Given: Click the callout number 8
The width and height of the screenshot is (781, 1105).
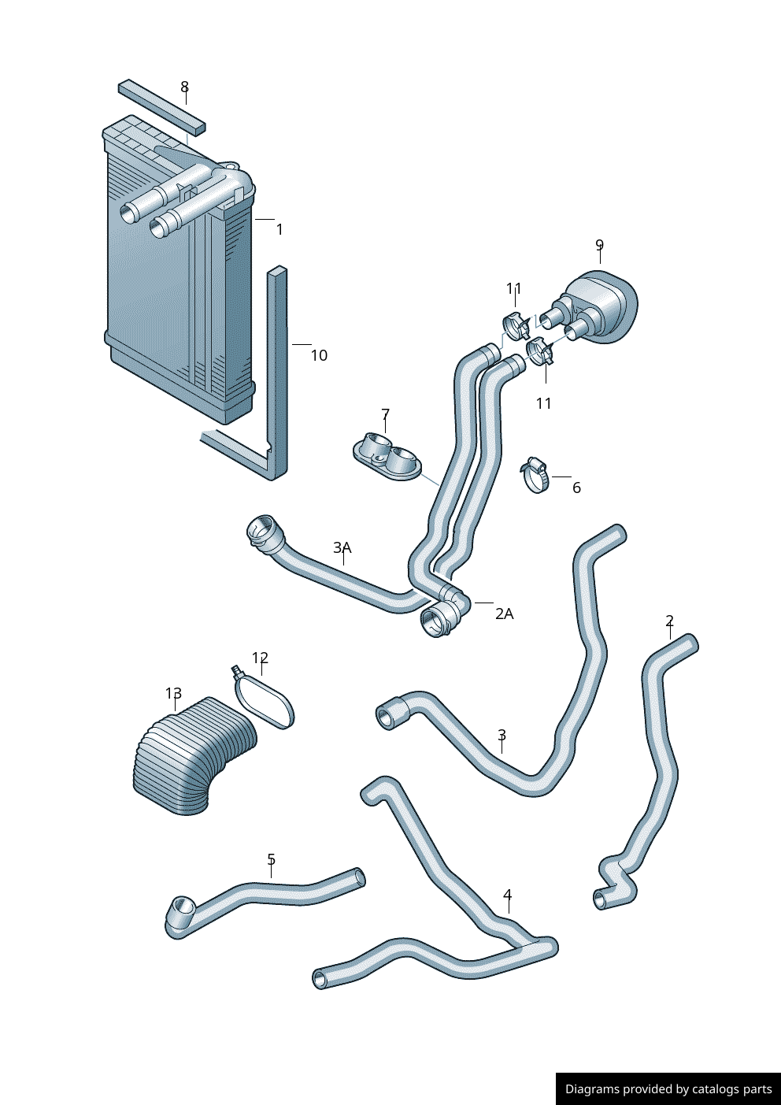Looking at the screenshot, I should click(184, 87).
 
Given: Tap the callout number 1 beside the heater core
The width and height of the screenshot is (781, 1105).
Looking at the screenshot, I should click(279, 229).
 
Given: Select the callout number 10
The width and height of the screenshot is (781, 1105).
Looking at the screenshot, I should click(318, 355).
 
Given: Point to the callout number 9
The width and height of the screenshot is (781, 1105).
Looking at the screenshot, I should click(599, 245).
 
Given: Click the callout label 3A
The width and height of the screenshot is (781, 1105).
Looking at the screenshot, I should click(342, 547).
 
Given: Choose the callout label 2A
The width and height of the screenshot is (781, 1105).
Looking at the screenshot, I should click(504, 614).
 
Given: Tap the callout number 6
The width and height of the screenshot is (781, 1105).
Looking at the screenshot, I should click(576, 488).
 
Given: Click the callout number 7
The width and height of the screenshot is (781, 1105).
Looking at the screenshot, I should click(385, 414).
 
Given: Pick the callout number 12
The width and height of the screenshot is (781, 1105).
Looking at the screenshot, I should click(260, 658).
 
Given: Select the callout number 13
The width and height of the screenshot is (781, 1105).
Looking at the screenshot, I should click(173, 694).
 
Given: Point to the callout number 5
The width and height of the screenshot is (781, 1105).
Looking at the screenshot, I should click(271, 859).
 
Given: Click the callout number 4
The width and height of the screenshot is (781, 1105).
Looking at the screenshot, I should click(508, 895).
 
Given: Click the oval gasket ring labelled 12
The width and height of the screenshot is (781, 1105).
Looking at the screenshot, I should click(265, 700).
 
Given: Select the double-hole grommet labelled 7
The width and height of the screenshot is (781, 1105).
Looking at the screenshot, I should click(387, 458).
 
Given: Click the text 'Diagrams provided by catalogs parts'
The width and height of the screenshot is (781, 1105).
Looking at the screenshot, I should click(668, 1089).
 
